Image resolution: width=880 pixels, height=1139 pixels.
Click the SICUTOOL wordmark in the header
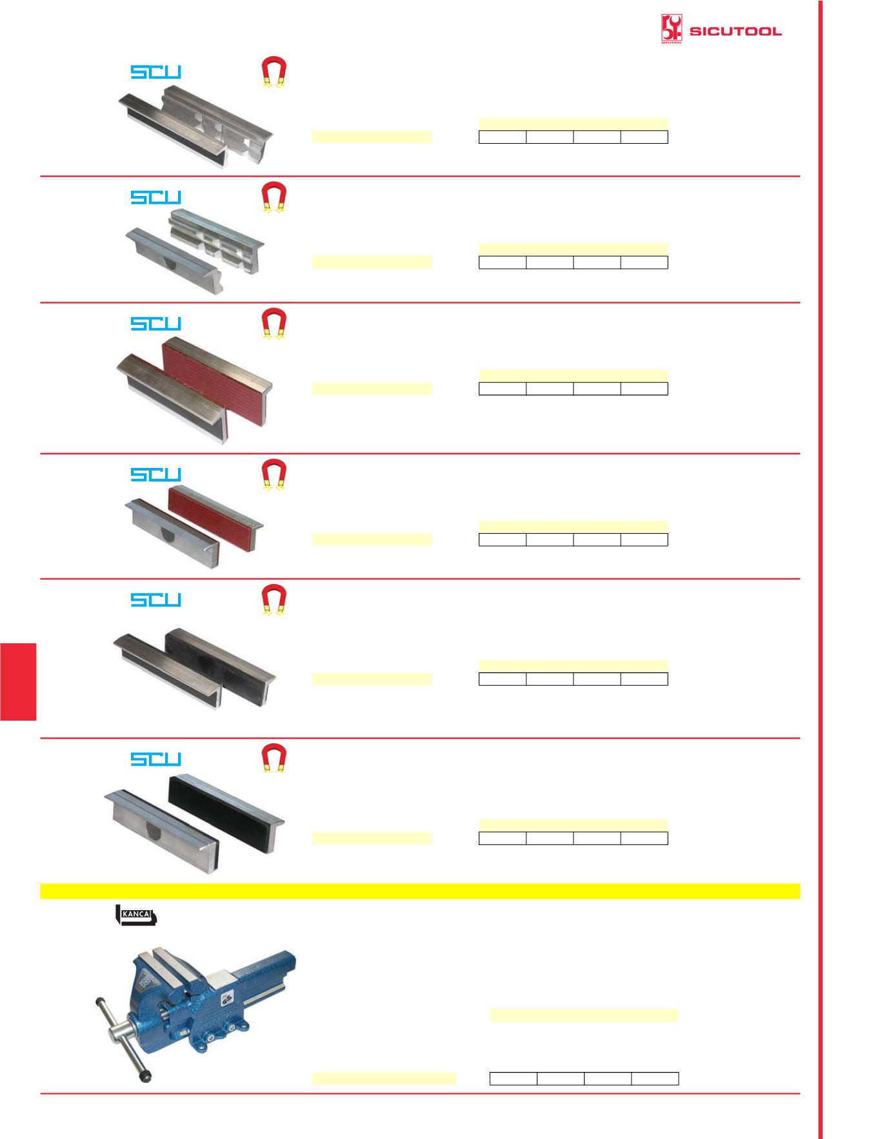735,31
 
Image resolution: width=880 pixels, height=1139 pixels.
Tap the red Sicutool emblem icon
672,29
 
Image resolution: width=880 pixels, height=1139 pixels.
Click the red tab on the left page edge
18,681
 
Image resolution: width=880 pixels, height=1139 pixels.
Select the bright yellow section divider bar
420,891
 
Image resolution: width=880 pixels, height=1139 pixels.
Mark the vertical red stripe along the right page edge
822,569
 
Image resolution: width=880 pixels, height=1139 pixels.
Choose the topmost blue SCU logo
156,72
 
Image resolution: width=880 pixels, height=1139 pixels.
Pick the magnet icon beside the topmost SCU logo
274,72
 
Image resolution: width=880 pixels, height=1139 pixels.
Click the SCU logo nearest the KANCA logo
156,759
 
